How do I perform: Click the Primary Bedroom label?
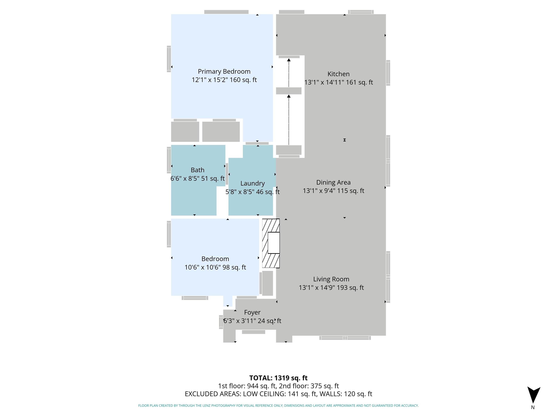point(224,72)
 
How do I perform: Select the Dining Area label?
point(333,182)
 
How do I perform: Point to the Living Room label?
point(331,279)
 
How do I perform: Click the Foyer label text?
point(252,312)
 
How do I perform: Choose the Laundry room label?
point(253,184)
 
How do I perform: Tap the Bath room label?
point(197,170)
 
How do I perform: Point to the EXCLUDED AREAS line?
point(278,394)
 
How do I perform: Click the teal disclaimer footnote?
point(278,405)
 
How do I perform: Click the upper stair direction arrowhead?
point(289,60)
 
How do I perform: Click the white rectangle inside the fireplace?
point(274,243)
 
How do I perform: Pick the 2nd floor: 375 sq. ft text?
point(309,386)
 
